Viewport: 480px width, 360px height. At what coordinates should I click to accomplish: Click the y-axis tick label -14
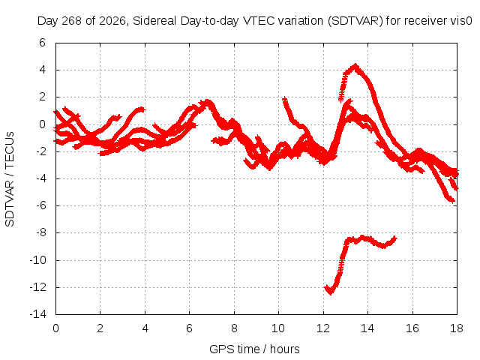[x=38, y=314]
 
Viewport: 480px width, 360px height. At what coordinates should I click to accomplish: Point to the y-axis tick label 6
[x=42, y=43]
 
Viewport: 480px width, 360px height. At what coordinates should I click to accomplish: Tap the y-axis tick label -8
[x=40, y=232]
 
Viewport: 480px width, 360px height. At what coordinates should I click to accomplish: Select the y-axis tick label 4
[x=42, y=70]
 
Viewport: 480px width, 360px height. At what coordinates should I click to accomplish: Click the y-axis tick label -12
[x=38, y=287]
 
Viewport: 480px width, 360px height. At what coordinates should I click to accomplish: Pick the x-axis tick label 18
[x=457, y=328]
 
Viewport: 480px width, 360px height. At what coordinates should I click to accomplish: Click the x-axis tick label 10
[x=278, y=328]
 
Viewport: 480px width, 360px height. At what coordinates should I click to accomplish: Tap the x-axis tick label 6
[x=189, y=328]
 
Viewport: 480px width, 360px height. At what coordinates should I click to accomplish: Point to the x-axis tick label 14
[x=367, y=328]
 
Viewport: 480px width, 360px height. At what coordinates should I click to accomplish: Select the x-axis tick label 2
[x=100, y=328]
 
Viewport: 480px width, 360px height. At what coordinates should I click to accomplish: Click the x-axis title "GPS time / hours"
[x=254, y=349]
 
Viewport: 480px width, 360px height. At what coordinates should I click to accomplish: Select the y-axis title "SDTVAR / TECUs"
[x=10, y=179]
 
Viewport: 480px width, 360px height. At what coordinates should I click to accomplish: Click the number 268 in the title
[x=72, y=21]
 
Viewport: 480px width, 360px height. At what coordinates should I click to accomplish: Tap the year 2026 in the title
[x=112, y=21]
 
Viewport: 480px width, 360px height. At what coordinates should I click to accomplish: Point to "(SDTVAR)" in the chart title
[x=355, y=21]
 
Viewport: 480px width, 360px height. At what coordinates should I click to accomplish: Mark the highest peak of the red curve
[x=355, y=65]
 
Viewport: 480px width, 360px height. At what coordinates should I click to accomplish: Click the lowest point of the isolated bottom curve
[x=330, y=293]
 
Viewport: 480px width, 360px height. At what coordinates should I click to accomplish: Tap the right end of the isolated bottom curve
[x=395, y=238]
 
